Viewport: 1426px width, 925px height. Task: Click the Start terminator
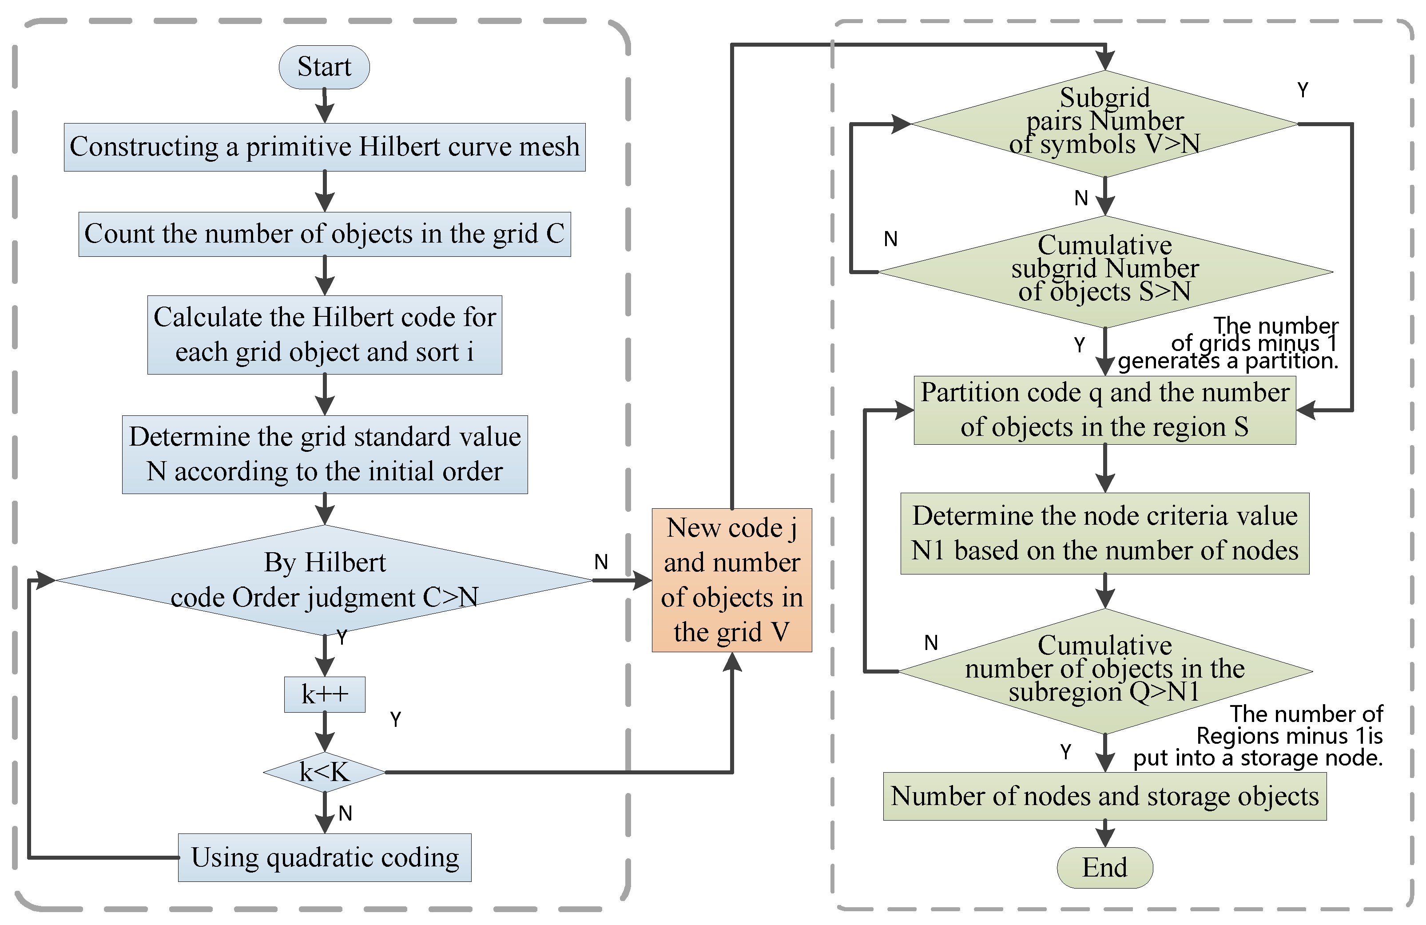point(324,67)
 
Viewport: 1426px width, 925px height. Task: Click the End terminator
point(1104,867)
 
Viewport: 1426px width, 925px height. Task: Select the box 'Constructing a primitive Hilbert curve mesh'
point(324,147)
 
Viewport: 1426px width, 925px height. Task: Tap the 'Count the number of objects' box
point(324,234)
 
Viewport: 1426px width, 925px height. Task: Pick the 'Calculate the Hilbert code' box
point(324,335)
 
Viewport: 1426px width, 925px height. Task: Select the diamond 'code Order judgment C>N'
point(324,580)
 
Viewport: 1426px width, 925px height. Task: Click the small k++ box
point(324,694)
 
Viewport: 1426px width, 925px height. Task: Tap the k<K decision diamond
point(324,772)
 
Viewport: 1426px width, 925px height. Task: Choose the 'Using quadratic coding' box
point(324,857)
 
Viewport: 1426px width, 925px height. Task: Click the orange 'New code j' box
point(731,580)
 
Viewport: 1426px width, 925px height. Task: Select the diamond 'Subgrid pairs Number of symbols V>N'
point(1104,123)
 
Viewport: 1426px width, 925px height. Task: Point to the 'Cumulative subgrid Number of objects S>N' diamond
point(1104,271)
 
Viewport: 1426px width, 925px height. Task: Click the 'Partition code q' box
point(1104,410)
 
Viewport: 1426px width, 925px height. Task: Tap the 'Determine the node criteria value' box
point(1104,533)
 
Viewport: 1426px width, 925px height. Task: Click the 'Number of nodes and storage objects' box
point(1104,796)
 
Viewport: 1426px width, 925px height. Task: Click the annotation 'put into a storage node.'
point(1258,758)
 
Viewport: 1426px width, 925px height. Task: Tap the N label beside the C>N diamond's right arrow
point(601,562)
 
